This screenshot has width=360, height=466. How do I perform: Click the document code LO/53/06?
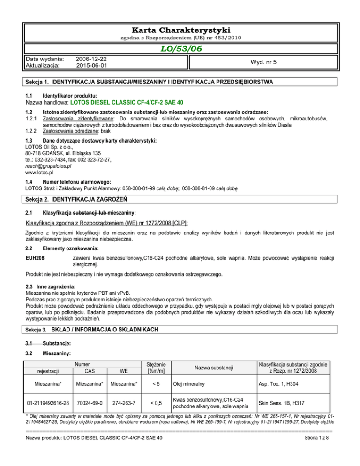(x=180, y=49)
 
